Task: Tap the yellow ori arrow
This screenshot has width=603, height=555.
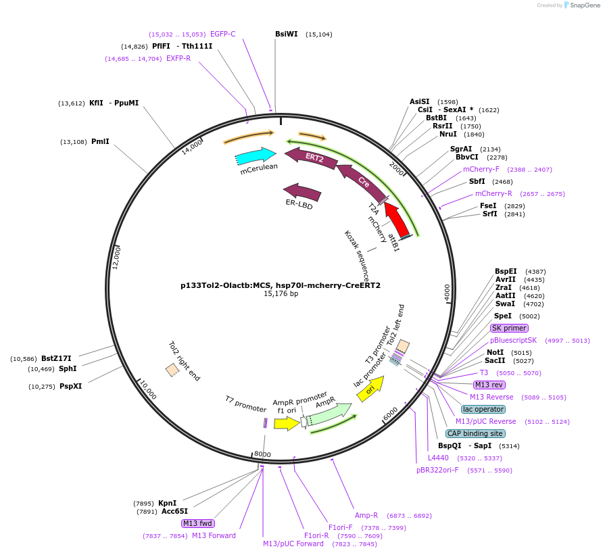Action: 370,389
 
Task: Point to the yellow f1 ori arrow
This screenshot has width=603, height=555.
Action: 287,423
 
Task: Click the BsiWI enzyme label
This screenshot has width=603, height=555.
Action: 286,34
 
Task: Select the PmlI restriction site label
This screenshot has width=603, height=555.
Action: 100,142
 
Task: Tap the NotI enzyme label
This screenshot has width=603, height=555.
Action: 495,352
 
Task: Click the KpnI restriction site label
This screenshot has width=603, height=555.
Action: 167,503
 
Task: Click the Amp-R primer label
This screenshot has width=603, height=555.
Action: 366,515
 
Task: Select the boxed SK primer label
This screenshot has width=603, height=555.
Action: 509,328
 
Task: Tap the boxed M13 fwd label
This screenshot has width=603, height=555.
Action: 197,523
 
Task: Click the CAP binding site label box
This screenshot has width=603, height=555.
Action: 475,433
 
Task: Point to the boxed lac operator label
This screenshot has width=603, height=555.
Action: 483,409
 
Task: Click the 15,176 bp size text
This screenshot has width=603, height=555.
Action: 281,294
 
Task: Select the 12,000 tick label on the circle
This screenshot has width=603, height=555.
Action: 116,258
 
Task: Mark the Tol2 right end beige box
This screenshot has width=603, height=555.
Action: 172,370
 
